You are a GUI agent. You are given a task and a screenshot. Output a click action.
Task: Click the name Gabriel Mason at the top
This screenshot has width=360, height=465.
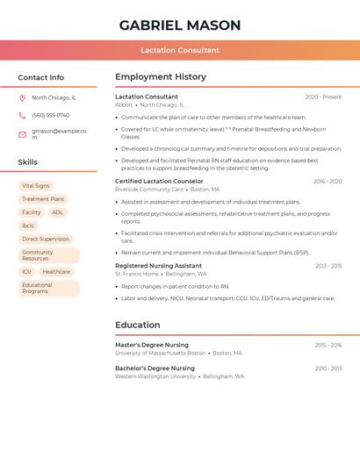point(180,25)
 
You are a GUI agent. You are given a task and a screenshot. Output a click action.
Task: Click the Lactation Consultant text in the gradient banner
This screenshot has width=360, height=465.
point(180,50)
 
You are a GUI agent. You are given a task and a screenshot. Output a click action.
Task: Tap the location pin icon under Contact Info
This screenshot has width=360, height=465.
point(22,98)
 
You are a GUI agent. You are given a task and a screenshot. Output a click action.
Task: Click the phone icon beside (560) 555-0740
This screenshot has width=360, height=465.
point(22,116)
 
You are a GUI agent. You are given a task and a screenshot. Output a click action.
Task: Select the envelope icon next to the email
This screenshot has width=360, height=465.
point(22,134)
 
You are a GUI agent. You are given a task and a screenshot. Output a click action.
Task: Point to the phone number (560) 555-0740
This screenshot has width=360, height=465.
point(51,116)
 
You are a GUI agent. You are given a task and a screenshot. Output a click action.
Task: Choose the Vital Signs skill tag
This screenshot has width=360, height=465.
point(36,186)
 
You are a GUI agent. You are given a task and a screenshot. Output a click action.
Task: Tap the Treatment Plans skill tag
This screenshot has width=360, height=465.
point(43,199)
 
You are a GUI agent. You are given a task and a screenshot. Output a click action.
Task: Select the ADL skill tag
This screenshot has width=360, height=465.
point(57,212)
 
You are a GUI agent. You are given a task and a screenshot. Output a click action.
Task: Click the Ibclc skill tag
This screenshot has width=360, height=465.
point(28,225)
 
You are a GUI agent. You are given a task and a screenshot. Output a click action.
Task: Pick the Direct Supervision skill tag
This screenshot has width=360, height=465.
point(46,239)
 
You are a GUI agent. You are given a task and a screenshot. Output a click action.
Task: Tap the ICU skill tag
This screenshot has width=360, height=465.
point(26,272)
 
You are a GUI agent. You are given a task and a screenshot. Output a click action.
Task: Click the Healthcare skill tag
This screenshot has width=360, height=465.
point(56,272)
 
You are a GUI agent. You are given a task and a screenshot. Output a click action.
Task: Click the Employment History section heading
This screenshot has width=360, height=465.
point(161,77)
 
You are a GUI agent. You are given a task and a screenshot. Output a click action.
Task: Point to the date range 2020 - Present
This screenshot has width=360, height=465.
point(323,97)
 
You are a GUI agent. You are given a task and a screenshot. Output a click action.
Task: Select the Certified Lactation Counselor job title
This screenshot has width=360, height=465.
point(159,182)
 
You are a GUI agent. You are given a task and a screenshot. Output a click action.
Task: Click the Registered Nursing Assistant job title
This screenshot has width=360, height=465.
point(158,266)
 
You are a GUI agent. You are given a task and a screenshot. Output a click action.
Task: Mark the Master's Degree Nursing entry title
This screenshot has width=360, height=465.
point(152,346)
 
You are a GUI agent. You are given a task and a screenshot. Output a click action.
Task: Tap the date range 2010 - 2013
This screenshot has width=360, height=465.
point(328,368)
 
